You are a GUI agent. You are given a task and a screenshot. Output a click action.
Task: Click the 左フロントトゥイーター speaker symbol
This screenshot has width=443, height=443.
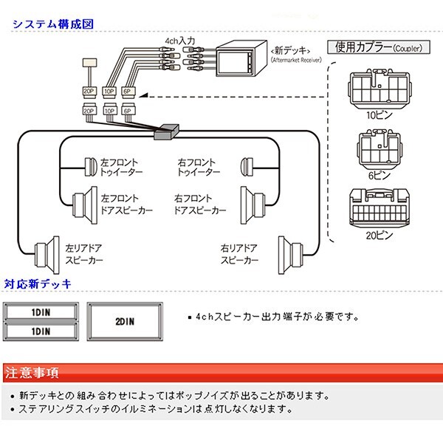pos(91,165)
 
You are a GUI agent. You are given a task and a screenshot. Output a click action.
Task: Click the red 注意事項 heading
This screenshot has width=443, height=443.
pos(33,371)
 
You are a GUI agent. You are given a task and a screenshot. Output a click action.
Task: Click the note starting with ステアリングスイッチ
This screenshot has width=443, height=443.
pos(155,408)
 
